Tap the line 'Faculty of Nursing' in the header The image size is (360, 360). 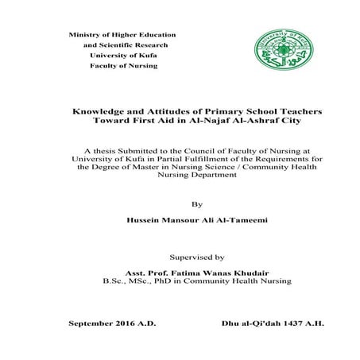[x=123, y=65]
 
